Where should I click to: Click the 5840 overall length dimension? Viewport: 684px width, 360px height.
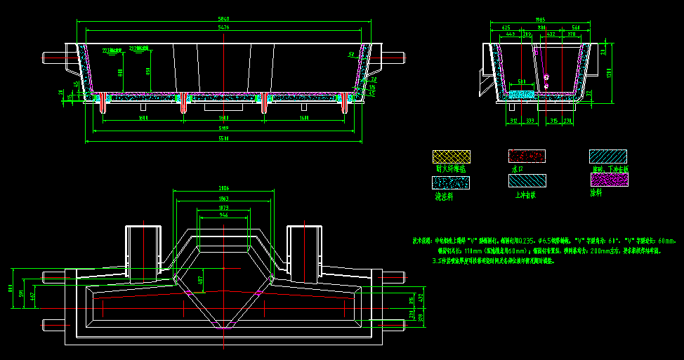[223, 19]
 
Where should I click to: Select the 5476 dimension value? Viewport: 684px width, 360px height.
[223, 27]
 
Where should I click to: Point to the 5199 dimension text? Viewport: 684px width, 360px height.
[223, 128]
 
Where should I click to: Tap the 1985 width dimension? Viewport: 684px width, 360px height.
[540, 20]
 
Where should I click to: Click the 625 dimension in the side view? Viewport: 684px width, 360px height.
[506, 27]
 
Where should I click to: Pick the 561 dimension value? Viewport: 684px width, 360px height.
[575, 27]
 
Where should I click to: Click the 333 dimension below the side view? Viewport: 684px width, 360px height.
[530, 121]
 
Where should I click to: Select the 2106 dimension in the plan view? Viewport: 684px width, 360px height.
[223, 189]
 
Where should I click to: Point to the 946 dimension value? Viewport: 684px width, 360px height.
[223, 215]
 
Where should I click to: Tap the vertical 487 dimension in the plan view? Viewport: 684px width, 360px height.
[200, 280]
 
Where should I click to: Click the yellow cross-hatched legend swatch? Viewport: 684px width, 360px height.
[450, 157]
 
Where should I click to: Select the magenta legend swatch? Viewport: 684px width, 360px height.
[609, 180]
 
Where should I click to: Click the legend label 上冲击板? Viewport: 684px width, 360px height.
[526, 196]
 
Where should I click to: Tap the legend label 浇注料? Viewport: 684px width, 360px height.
[444, 196]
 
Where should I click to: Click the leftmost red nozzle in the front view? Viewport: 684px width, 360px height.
[103, 102]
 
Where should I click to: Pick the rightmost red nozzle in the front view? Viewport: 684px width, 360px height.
[345, 102]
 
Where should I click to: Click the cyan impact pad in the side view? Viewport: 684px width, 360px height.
[520, 93]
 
